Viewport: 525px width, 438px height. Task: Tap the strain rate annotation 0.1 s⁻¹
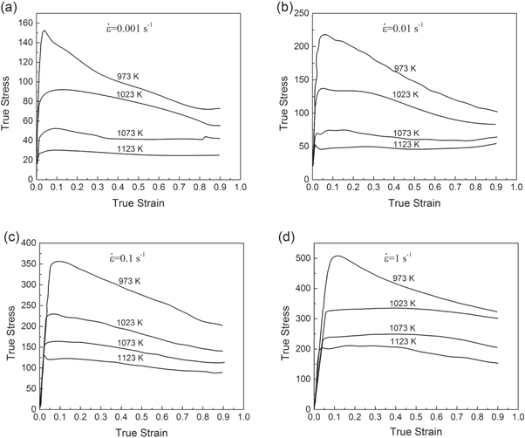(x=126, y=254)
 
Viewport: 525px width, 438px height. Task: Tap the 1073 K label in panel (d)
(x=407, y=328)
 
